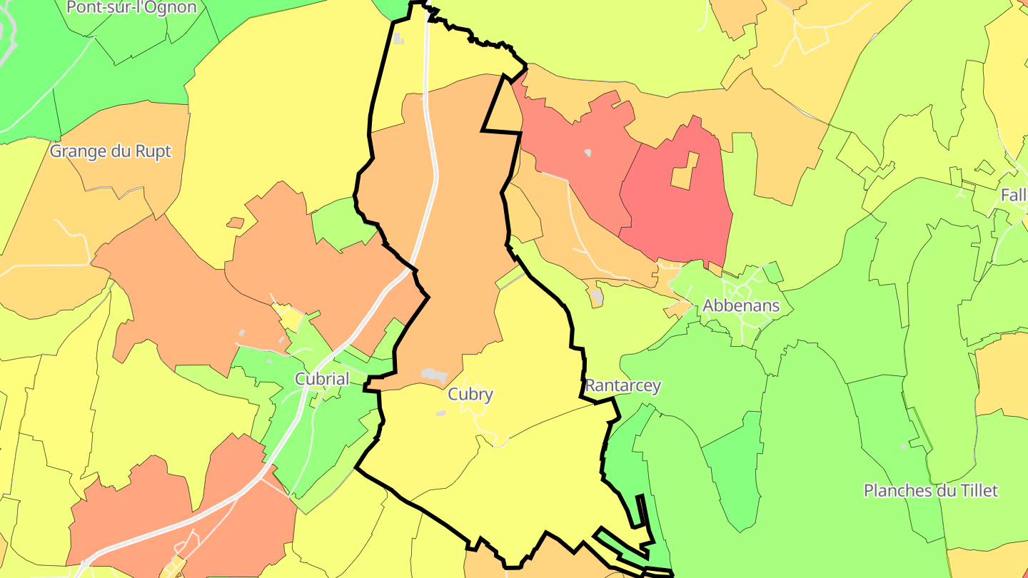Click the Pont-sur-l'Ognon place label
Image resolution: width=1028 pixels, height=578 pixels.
click(131, 8)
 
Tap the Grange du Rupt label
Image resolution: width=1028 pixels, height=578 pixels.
click(111, 151)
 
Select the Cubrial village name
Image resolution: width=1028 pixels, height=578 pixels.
click(322, 378)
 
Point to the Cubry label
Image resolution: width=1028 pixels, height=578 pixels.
click(470, 394)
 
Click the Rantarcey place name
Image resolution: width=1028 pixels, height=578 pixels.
click(623, 386)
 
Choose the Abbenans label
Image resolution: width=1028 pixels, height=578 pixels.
click(741, 305)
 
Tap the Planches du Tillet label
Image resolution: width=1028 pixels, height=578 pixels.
click(930, 491)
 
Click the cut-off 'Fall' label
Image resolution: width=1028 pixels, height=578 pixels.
click(1014, 195)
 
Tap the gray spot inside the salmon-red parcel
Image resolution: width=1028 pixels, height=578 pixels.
click(588, 153)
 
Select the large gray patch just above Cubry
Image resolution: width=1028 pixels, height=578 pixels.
click(434, 375)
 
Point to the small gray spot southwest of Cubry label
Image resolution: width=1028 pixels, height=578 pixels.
click(441, 413)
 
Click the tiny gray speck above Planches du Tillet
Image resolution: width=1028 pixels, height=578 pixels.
click(904, 447)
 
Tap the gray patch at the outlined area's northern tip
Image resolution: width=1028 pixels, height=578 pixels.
click(398, 39)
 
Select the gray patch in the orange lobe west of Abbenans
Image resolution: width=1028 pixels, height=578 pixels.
click(598, 296)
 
